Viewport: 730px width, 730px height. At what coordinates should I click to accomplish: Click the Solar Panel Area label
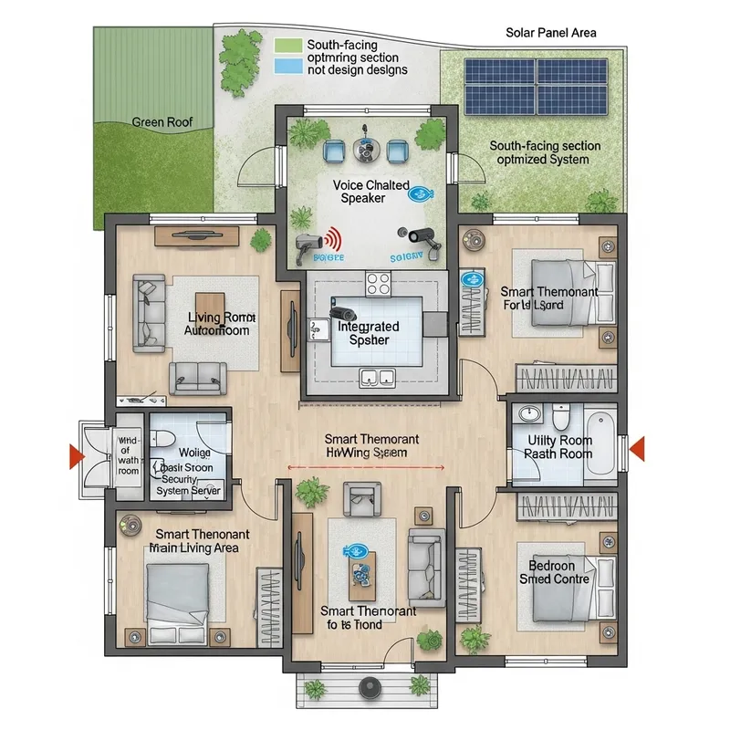click(551, 33)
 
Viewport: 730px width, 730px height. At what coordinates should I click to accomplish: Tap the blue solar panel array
click(536, 88)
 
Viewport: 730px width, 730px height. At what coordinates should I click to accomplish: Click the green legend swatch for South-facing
click(287, 45)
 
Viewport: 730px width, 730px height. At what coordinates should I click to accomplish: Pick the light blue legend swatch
click(287, 66)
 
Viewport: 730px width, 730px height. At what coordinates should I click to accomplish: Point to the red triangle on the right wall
click(638, 447)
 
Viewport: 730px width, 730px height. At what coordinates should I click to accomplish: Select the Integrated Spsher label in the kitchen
click(369, 333)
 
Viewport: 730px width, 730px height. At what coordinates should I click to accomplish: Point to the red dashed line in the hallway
click(365, 467)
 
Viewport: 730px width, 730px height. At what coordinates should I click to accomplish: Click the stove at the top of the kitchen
click(378, 284)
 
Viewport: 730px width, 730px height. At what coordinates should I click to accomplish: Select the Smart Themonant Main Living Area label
click(197, 540)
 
